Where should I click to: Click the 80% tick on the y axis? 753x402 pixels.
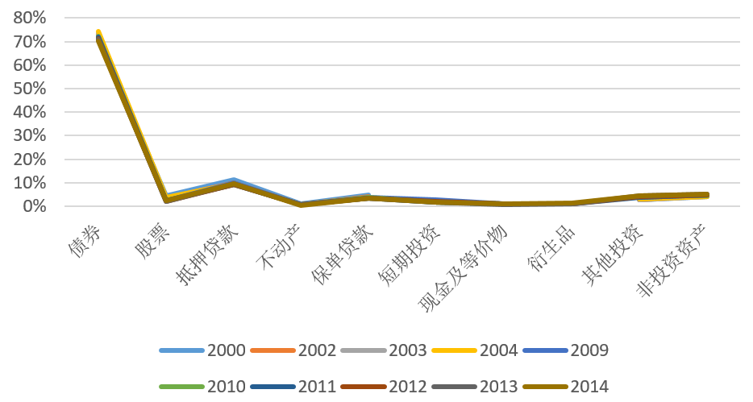(29, 18)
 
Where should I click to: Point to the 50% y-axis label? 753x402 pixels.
(29, 89)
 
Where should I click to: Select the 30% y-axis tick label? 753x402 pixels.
(29, 136)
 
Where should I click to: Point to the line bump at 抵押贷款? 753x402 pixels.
(234, 181)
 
